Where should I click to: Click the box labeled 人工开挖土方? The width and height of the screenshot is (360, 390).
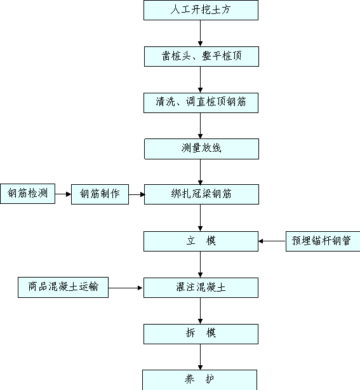click(201, 10)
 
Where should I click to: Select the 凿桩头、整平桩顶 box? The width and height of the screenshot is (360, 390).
click(201, 57)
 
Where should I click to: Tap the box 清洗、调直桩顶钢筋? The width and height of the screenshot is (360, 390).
click(201, 103)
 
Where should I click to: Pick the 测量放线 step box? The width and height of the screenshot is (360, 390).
click(201, 149)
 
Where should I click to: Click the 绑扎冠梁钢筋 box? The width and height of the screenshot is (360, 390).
click(201, 194)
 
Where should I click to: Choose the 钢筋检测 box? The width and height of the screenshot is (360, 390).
click(27, 194)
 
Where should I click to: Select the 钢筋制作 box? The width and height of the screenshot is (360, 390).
click(100, 194)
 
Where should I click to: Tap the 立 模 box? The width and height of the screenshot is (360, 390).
click(201, 241)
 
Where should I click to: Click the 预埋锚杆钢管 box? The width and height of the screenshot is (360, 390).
click(323, 241)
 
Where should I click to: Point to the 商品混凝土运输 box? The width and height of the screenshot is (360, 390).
click(63, 287)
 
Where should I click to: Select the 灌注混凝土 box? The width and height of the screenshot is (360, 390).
click(201, 288)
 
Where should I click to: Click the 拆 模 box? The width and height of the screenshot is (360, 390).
click(201, 334)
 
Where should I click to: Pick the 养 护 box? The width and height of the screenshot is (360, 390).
click(199, 380)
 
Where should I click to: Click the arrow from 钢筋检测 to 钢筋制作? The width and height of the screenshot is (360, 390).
click(63, 194)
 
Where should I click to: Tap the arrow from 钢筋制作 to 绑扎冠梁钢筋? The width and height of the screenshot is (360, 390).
click(137, 194)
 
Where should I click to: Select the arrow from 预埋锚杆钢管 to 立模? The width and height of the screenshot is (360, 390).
click(272, 241)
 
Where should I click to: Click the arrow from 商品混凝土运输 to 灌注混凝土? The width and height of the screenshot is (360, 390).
click(125, 288)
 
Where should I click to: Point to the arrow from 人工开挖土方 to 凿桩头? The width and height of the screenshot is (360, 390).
click(201, 33)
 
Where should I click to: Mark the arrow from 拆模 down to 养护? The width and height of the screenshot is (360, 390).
click(201, 357)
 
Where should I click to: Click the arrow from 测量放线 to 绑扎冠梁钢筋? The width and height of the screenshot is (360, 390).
click(201, 171)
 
